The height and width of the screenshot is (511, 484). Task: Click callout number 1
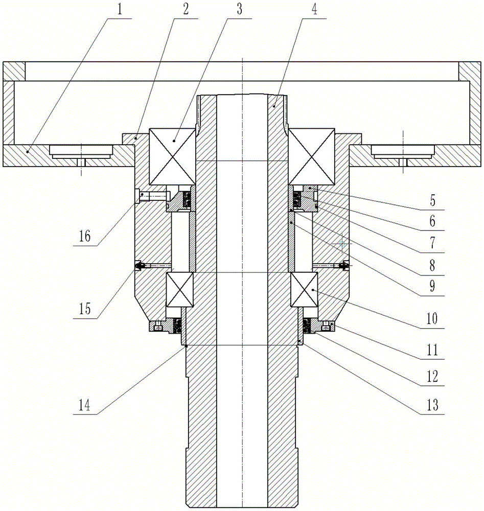119,9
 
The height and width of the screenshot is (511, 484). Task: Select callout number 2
186,9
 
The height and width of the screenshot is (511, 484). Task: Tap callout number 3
240,9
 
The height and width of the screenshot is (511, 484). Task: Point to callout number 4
314,9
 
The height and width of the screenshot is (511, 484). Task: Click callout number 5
432,200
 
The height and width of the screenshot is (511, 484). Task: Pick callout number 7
432,243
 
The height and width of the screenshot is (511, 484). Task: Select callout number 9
432,286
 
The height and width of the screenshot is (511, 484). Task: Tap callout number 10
432,318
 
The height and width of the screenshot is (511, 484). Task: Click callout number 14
84,406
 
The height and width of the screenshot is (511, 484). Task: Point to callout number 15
85,309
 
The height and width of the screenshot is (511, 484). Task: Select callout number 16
85,236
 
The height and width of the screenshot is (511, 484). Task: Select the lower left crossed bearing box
179,290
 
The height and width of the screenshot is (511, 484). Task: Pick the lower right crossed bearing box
304,290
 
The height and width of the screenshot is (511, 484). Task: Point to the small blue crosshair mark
341,243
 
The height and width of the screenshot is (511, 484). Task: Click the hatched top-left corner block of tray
14,71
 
